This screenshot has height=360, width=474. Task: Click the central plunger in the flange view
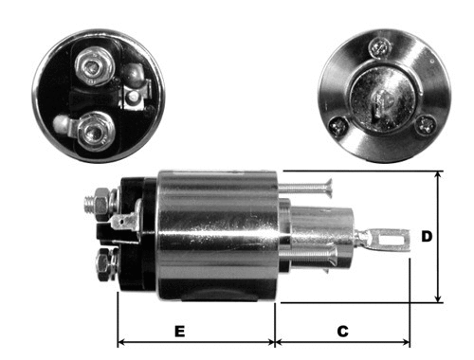point(384,93)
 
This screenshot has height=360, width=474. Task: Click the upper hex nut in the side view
point(97,202)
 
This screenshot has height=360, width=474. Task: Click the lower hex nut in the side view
point(103,261)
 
